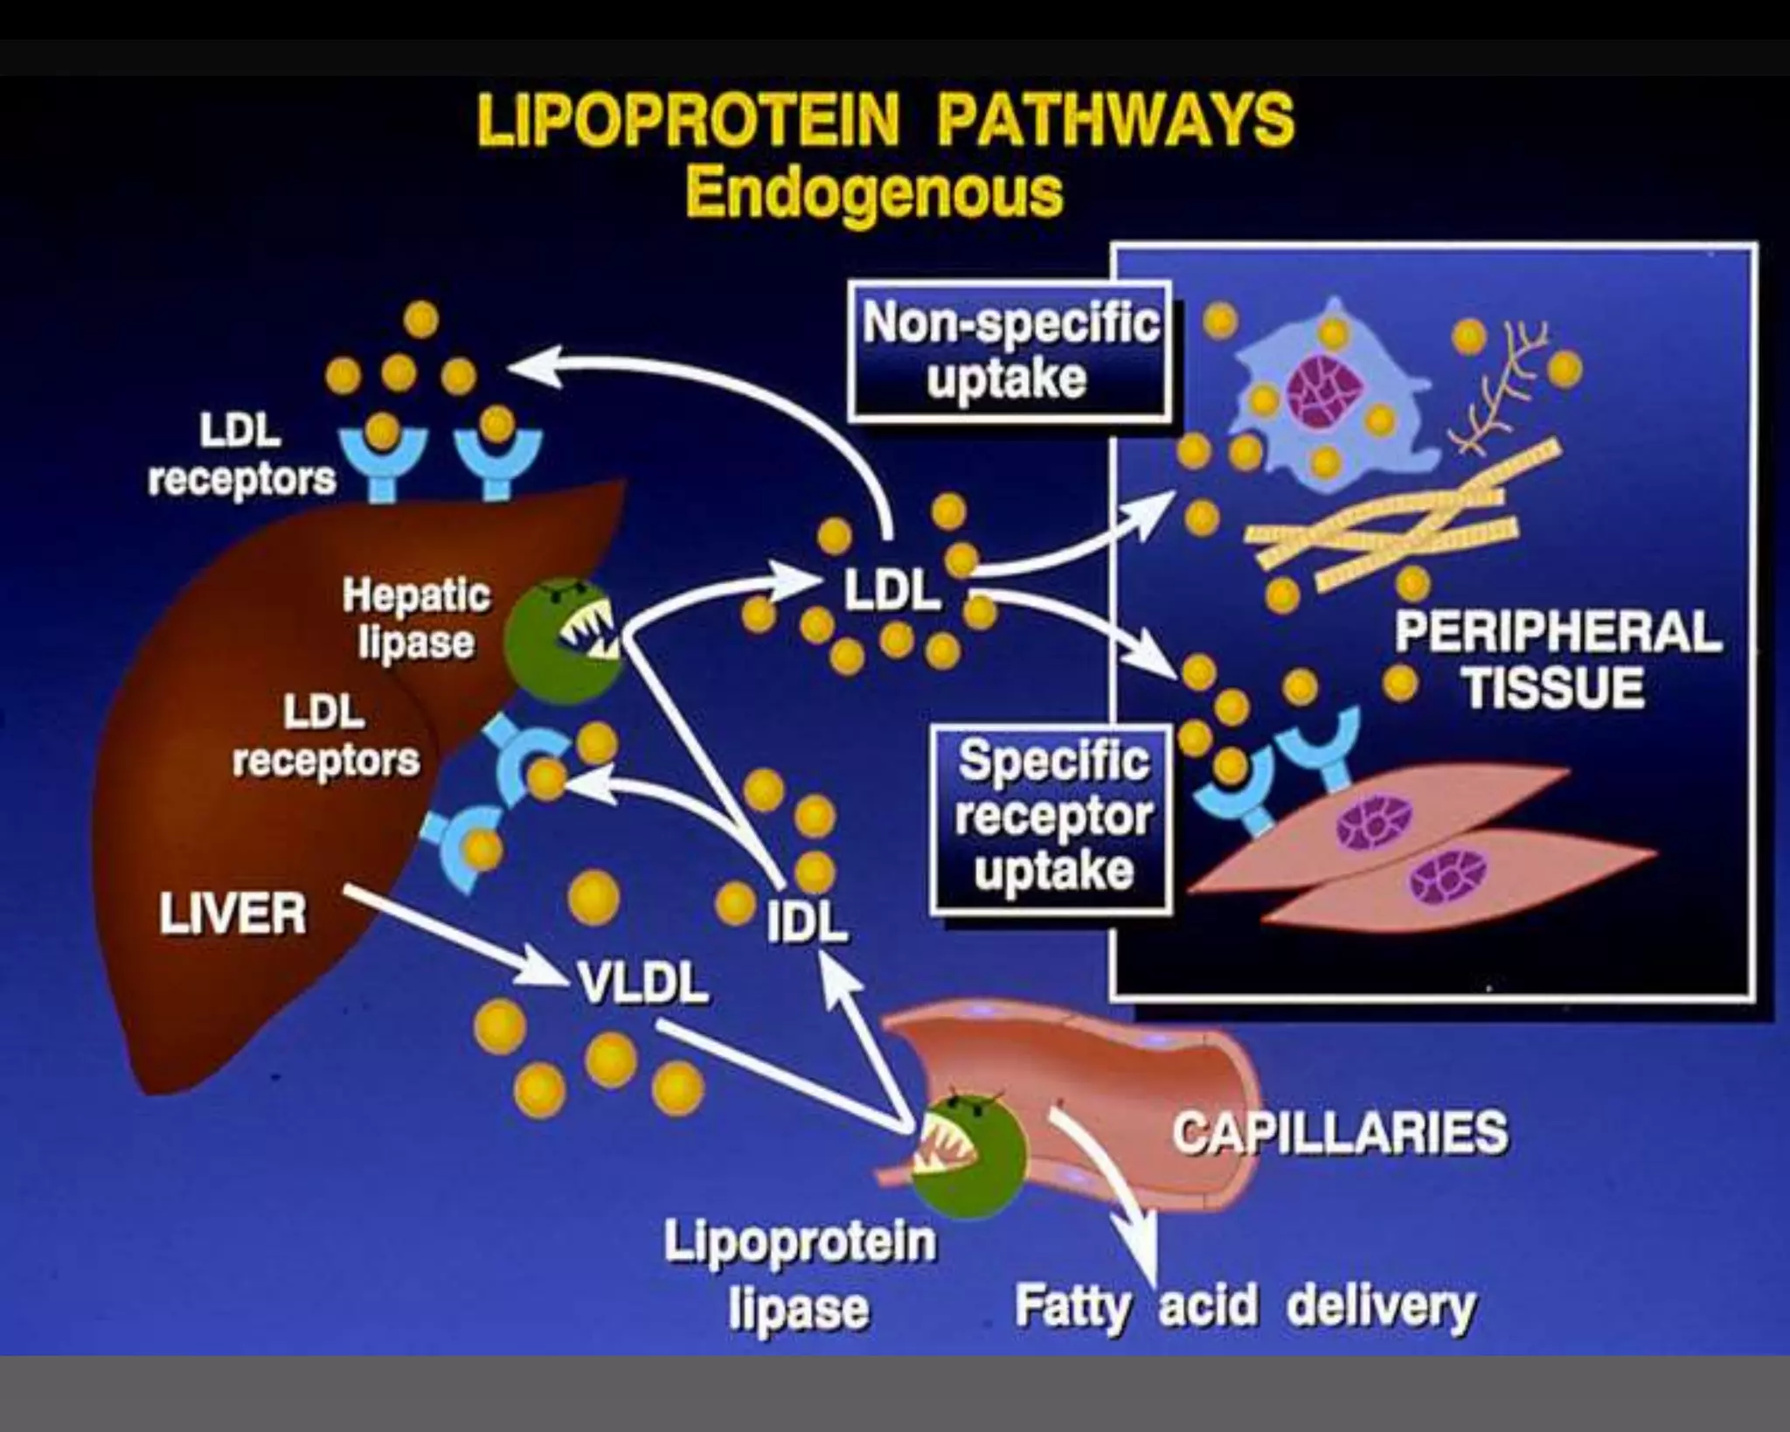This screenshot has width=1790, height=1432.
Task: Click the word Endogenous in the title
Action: click(874, 193)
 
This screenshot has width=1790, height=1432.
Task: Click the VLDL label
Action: click(642, 984)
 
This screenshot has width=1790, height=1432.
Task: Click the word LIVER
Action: click(232, 914)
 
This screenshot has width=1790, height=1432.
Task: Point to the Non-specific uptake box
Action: click(1009, 351)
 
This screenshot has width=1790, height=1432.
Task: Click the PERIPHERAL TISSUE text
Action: click(1557, 659)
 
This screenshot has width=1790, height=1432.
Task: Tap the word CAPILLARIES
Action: click(1340, 1132)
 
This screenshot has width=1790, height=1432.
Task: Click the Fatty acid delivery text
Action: click(1245, 1306)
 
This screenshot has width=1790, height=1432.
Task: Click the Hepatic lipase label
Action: click(416, 619)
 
